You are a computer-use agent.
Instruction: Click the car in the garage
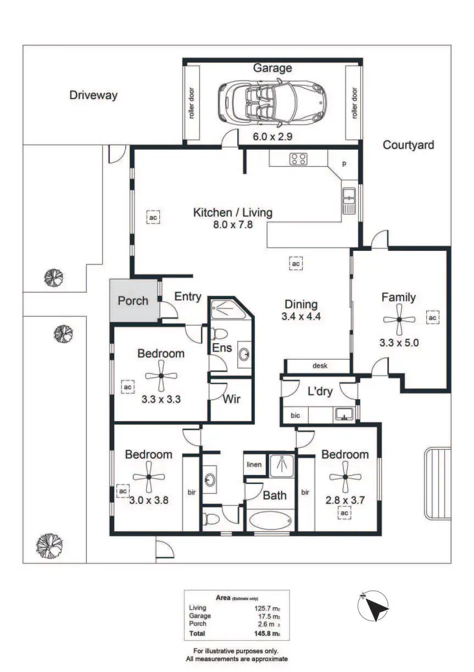[272, 102]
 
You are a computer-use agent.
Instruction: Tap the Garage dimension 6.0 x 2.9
[272, 137]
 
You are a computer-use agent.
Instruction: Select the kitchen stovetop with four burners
[298, 159]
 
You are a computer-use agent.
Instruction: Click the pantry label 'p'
[344, 164]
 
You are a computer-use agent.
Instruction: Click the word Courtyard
[408, 145]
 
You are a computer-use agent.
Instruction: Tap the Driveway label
[93, 95]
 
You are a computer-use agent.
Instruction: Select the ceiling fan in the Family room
[399, 319]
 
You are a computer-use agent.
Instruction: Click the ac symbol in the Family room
[432, 317]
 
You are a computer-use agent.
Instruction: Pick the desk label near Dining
[320, 366]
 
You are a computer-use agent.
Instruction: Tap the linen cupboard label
[254, 465]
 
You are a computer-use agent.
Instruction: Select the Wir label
[231, 399]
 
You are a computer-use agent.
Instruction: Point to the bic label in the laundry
[295, 416]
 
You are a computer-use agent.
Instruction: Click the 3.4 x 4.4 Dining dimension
[301, 316]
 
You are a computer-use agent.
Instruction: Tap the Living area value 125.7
[263, 608]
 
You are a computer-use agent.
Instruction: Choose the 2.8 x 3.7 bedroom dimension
[345, 500]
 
